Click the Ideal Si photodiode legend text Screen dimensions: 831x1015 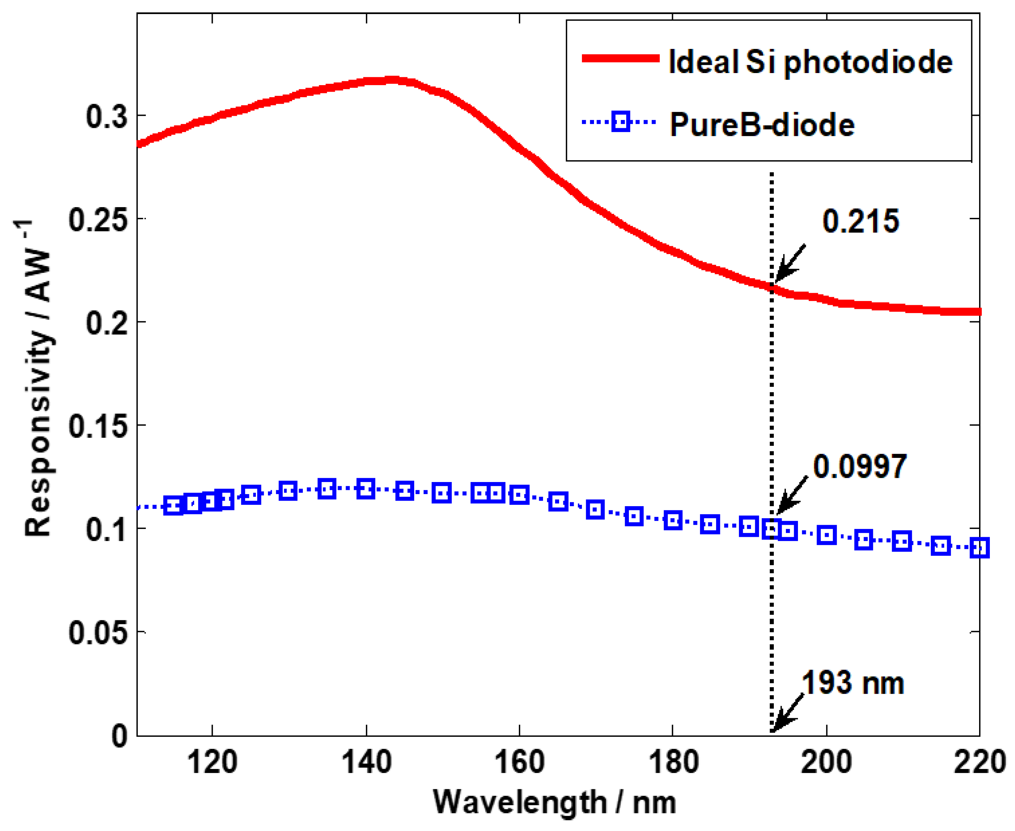pyautogui.click(x=810, y=62)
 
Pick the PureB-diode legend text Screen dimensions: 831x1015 pyautogui.click(x=762, y=125)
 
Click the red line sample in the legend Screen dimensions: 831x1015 pyautogui.click(x=620, y=58)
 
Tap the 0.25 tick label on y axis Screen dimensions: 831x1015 pyautogui.click(x=98, y=220)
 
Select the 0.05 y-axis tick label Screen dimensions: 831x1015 pyautogui.click(x=98, y=632)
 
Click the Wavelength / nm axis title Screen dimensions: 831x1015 pyautogui.click(x=554, y=802)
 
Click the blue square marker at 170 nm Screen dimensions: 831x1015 pyautogui.click(x=595, y=509)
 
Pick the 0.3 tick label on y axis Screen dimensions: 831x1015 pyautogui.click(x=106, y=116)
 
